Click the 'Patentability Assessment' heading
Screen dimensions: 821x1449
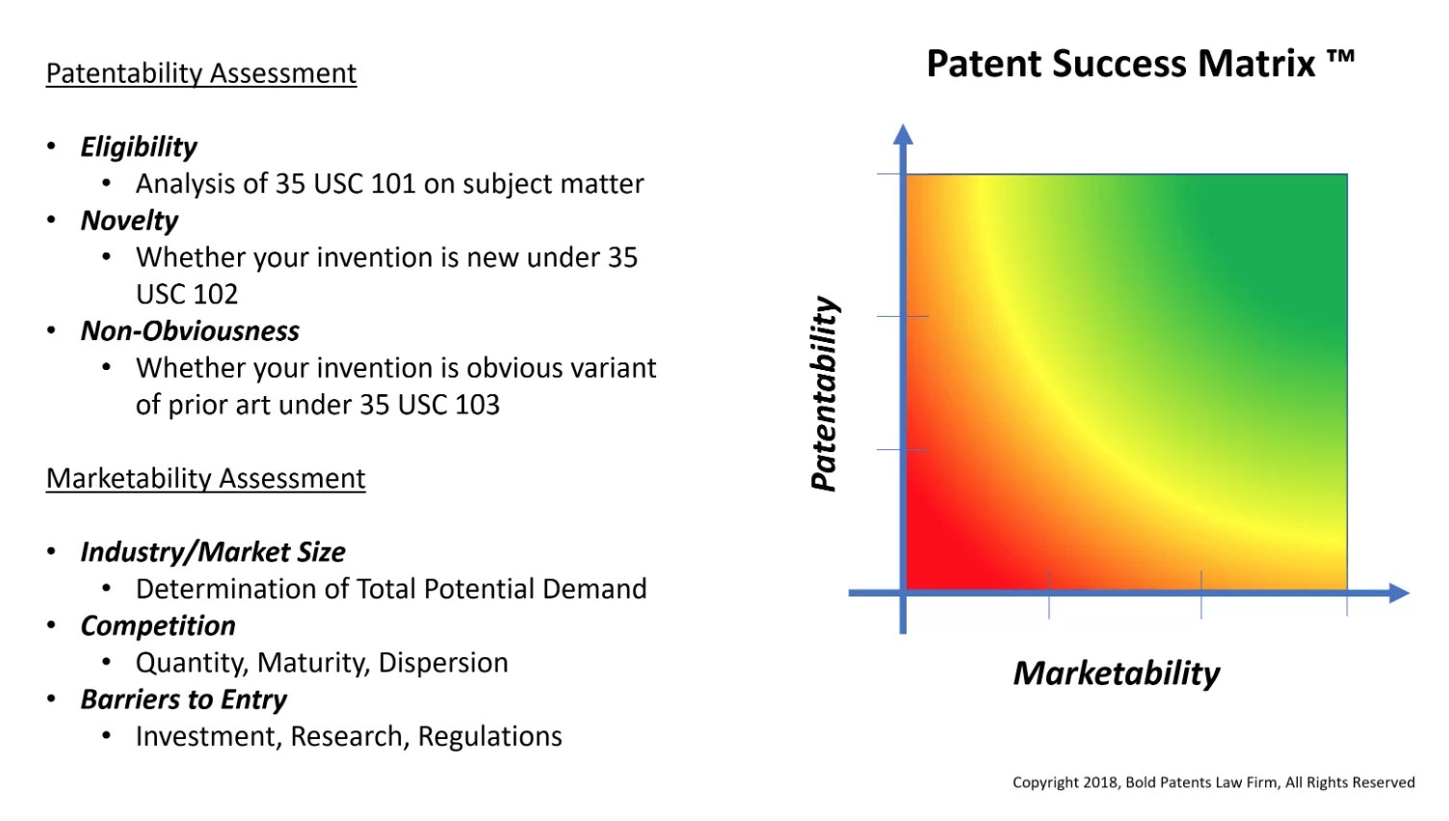click(x=201, y=73)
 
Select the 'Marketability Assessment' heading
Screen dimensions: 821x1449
click(x=205, y=478)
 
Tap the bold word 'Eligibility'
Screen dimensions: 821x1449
click(x=139, y=146)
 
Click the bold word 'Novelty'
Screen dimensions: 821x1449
click(x=129, y=221)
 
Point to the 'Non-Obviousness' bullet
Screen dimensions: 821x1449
click(x=190, y=331)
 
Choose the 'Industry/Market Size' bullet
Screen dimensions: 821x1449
click(x=213, y=552)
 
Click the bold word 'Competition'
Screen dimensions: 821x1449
click(x=158, y=625)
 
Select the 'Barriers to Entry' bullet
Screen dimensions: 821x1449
click(x=184, y=700)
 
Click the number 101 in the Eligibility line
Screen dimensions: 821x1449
click(x=392, y=184)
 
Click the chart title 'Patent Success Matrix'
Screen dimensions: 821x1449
click(x=1120, y=64)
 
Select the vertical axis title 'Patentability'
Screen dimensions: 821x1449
click(x=824, y=393)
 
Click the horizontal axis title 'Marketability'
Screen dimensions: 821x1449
click(x=1117, y=673)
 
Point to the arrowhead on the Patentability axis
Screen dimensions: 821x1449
click(x=903, y=134)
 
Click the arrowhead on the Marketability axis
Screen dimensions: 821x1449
click(x=1399, y=593)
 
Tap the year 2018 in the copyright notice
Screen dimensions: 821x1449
click(x=1100, y=782)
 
